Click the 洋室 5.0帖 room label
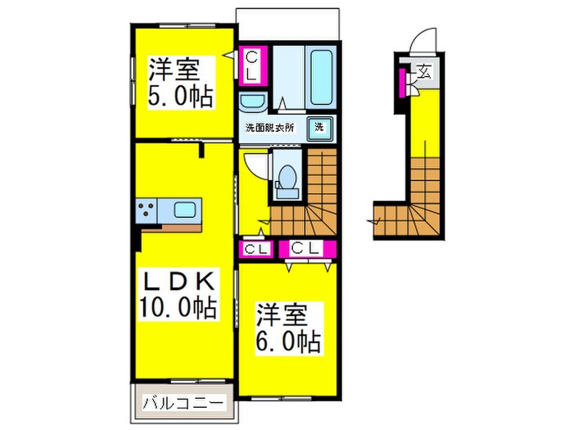click(x=179, y=82)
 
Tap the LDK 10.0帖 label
click(x=180, y=295)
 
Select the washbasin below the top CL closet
click(x=251, y=103)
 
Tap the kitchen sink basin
click(x=185, y=210)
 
